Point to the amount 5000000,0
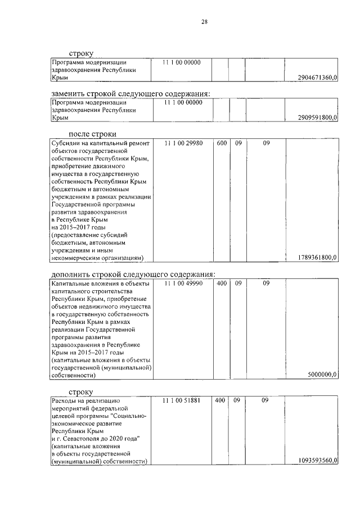point(322,374)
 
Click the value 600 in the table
point(221,143)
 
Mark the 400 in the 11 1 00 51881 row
point(221,400)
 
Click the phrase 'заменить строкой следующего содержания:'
point(130,93)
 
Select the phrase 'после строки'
point(92,134)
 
